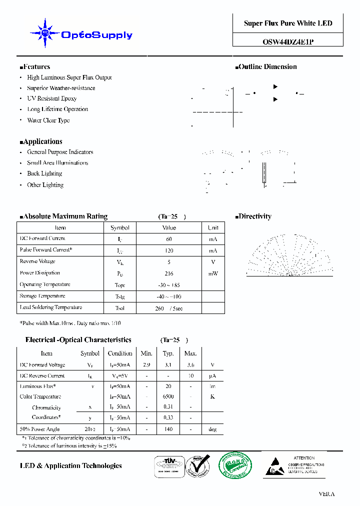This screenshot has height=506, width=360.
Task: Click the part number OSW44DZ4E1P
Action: pyautogui.click(x=288, y=42)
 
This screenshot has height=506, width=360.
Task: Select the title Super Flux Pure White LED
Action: pyautogui.click(x=288, y=23)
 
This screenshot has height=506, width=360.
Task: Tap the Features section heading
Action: pyautogui.click(x=35, y=67)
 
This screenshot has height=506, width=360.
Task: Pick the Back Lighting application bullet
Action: pyautogui.click(x=44, y=173)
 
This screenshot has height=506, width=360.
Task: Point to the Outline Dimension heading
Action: pyautogui.click(x=266, y=67)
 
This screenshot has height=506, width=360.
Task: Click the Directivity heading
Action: pyautogui.click(x=253, y=216)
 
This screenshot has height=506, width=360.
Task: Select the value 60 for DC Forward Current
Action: pyautogui.click(x=169, y=239)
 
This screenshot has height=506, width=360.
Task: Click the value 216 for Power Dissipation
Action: pyautogui.click(x=169, y=273)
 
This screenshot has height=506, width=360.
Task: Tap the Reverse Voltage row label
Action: pyautogui.click(x=37, y=261)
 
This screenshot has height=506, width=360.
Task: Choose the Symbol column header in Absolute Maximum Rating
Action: pyautogui.click(x=120, y=227)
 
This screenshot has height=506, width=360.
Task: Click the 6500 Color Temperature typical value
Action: pyautogui.click(x=168, y=396)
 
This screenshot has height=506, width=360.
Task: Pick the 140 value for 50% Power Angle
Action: pyautogui.click(x=168, y=429)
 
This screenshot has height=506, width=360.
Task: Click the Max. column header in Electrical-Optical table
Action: pyautogui.click(x=190, y=353)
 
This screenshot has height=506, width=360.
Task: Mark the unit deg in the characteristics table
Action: pyautogui.click(x=212, y=429)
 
